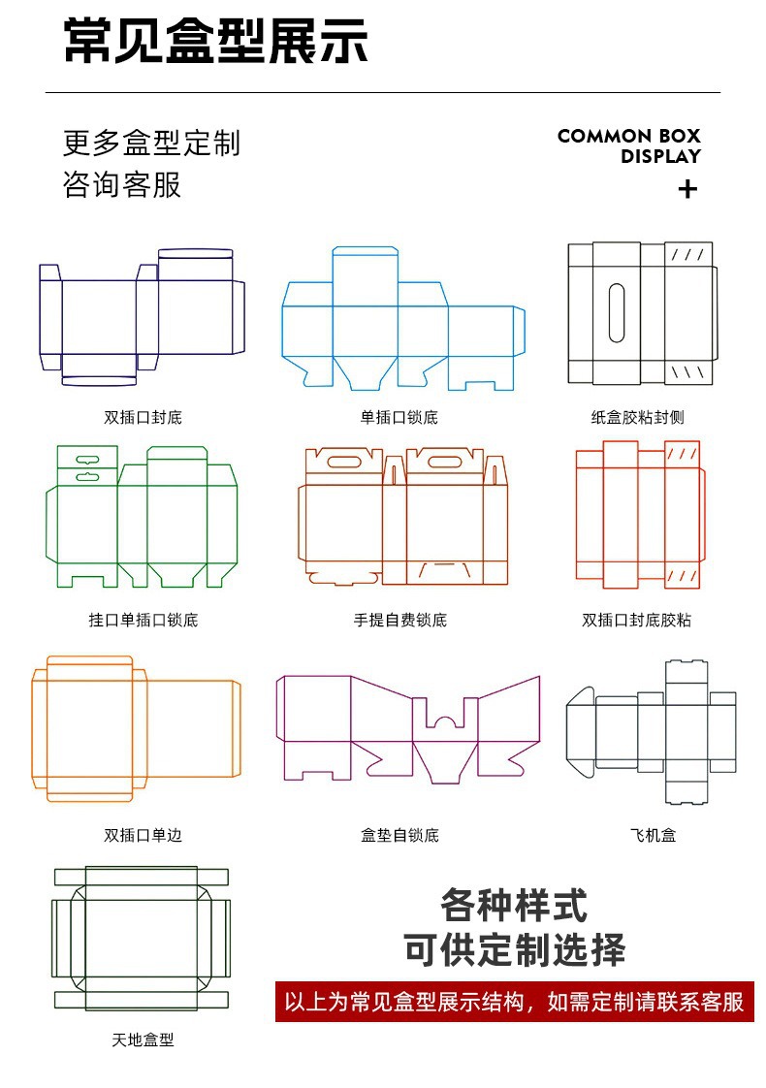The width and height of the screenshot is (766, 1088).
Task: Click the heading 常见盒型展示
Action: tap(215, 44)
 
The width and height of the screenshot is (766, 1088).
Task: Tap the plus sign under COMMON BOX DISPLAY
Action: tap(687, 189)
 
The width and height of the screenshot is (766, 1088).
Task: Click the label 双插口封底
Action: tap(143, 418)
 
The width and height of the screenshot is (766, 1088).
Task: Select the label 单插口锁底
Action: tap(399, 418)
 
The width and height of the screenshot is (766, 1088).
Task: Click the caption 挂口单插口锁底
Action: tap(143, 620)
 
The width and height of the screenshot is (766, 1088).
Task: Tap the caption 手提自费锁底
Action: tap(399, 620)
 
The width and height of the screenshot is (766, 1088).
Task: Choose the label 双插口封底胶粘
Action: tap(637, 620)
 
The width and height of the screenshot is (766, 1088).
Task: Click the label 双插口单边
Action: tap(143, 835)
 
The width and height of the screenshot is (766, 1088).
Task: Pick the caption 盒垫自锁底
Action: tap(399, 835)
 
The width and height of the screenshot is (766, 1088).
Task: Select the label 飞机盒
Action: tap(653, 835)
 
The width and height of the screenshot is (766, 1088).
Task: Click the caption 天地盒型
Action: tap(143, 1040)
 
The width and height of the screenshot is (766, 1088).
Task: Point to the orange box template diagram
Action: tap(136, 727)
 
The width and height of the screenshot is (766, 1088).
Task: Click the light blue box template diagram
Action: tap(402, 317)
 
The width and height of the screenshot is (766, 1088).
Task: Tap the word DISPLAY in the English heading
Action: tap(660, 157)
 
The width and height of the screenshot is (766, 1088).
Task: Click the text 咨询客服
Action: tap(122, 184)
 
